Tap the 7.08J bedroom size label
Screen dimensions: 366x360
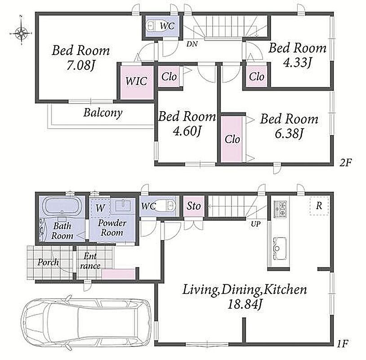coord(81,65)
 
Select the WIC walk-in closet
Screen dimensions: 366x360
coord(137,82)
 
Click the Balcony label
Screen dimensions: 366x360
coord(103,113)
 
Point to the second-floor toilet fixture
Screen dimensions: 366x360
coord(151,26)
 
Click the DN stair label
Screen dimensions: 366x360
coord(192,44)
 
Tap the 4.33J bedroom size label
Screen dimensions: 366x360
coord(297,63)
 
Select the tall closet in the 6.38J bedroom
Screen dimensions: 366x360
coord(232,139)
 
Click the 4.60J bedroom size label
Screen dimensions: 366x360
coord(187,131)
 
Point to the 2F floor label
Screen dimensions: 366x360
coord(345,162)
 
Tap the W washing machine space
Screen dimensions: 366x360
coord(100,208)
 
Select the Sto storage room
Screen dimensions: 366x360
coord(194,206)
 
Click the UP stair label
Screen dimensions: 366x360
coord(255,224)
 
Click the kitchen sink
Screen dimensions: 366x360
coord(280,248)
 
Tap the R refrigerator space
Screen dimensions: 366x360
coord(319,206)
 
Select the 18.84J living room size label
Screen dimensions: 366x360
coord(245,304)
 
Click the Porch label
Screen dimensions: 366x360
coord(48,262)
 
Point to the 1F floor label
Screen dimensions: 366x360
coord(343,344)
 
